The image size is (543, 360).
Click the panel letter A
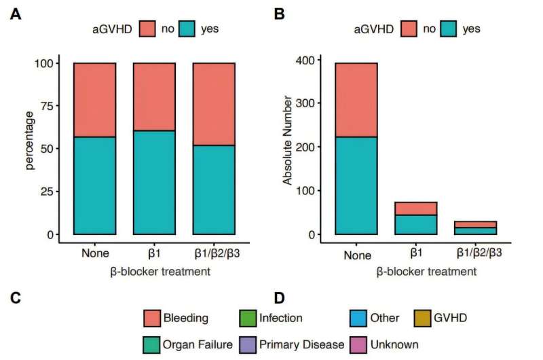[15, 14]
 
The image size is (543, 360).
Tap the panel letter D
[279, 298]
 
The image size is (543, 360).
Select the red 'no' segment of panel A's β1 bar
[154, 97]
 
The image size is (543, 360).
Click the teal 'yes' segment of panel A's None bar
[94, 185]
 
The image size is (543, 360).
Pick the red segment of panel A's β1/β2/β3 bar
[214, 104]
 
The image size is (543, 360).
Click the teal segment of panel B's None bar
[356, 185]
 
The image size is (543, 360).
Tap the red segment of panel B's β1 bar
[416, 209]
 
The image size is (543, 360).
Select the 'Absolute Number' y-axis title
[287, 141]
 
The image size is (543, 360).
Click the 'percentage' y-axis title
[30, 141]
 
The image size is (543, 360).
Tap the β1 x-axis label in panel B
[416, 253]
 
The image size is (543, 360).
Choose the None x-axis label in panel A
[95, 253]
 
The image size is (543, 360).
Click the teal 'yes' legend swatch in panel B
[449, 29]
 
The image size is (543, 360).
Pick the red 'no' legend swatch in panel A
[147, 29]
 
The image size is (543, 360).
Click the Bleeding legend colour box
[152, 318]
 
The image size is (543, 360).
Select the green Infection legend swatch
[248, 318]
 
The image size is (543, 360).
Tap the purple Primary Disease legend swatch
[248, 345]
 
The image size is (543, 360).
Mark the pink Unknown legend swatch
[358, 345]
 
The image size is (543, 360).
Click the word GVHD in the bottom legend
[450, 318]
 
